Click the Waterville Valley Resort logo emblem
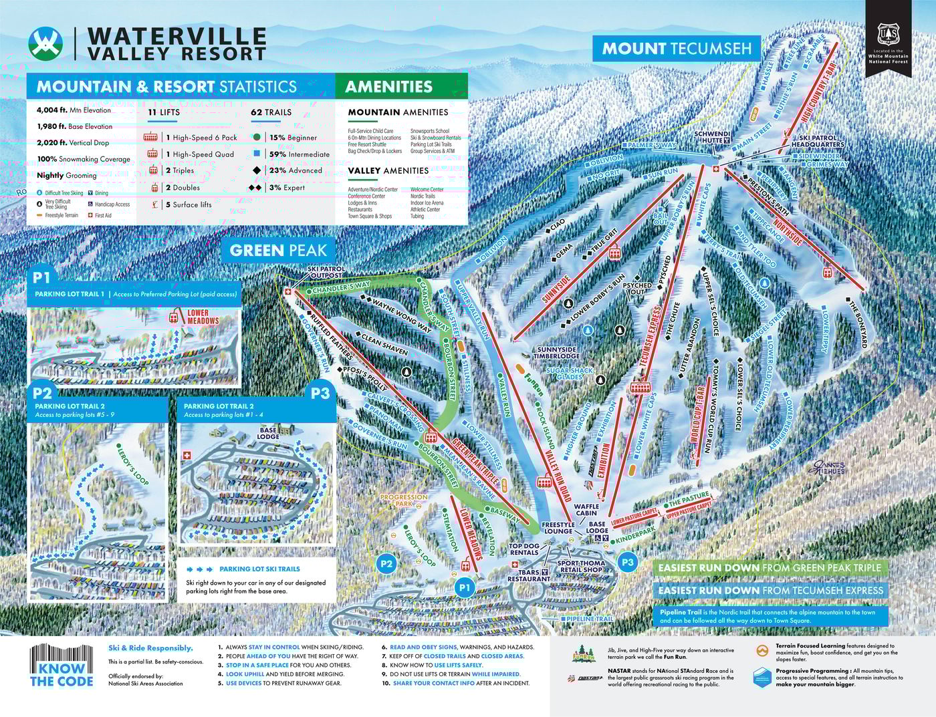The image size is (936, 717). (45, 43)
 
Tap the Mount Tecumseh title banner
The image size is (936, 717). (677, 49)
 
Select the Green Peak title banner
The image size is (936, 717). (277, 251)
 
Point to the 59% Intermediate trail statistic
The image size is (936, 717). (299, 154)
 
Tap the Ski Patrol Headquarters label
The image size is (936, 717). (818, 140)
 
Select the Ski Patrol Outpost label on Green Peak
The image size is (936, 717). (326, 271)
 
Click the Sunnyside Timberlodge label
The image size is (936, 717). (557, 353)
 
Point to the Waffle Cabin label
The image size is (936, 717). (586, 511)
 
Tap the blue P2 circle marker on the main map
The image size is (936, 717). (386, 563)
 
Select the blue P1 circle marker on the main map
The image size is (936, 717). (465, 587)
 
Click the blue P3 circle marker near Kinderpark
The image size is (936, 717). (627, 562)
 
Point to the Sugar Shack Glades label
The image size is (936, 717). (569, 374)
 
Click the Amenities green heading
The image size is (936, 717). (389, 86)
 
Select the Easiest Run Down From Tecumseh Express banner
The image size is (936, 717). (770, 590)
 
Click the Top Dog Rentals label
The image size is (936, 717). (523, 549)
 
